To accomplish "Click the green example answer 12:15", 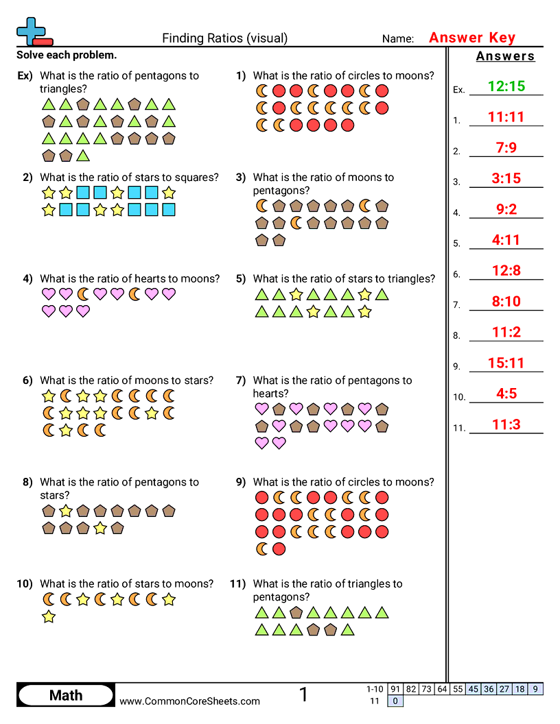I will [506, 86].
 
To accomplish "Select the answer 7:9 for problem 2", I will [506, 147].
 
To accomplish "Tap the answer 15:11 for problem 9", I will [506, 363].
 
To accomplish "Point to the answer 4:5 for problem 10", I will [506, 394].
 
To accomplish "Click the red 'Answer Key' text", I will [472, 38].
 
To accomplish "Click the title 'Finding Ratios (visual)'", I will [225, 38].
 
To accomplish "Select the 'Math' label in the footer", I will [66, 695].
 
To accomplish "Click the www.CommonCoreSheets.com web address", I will [190, 701].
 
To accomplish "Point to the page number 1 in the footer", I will [303, 695].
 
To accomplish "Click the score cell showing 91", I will [395, 689].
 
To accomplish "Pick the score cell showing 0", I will [395, 701].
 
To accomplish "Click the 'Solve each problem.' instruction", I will [67, 55].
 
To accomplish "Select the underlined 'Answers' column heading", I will [506, 56].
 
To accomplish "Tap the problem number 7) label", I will [241, 381].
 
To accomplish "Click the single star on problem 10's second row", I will [49, 617].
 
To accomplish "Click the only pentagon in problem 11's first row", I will [296, 612].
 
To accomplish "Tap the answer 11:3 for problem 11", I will [506, 424].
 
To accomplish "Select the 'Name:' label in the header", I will [398, 39].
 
